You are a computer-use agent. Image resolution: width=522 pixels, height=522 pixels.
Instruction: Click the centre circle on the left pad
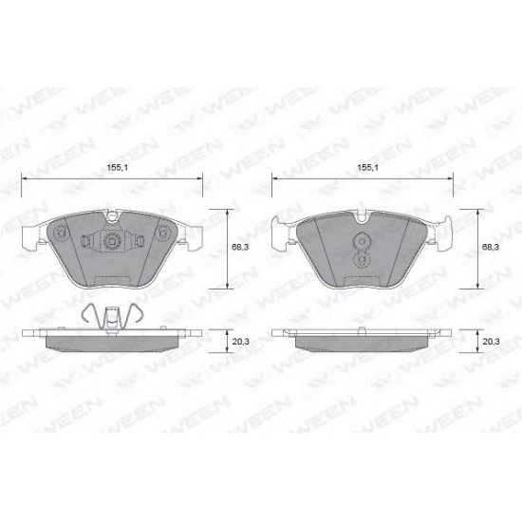click(112, 242)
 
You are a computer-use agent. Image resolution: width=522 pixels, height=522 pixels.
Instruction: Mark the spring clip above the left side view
click(112, 314)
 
